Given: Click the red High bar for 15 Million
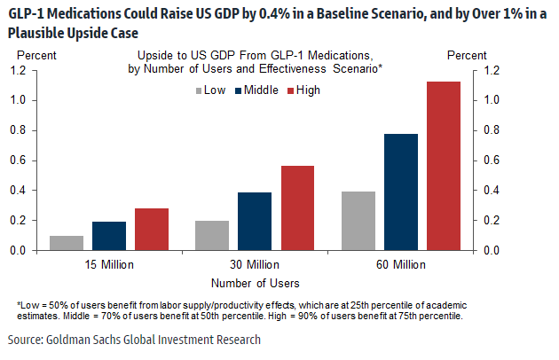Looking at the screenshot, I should click(x=153, y=229).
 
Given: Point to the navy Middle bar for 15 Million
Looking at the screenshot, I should click(x=109, y=236).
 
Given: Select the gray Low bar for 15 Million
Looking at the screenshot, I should click(x=67, y=243).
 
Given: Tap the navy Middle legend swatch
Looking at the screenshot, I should click(x=238, y=90).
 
